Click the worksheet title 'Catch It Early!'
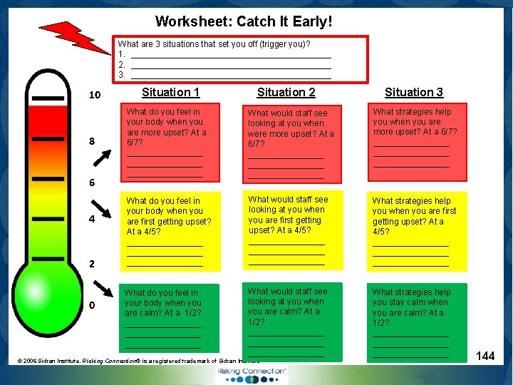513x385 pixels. (244, 22)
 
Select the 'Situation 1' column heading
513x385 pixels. (170, 92)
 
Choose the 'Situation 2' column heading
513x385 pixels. (286, 92)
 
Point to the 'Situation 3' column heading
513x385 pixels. (413, 92)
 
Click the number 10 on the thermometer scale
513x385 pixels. (94, 96)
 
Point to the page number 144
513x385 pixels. (485, 356)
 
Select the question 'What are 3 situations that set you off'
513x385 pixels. (214, 44)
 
